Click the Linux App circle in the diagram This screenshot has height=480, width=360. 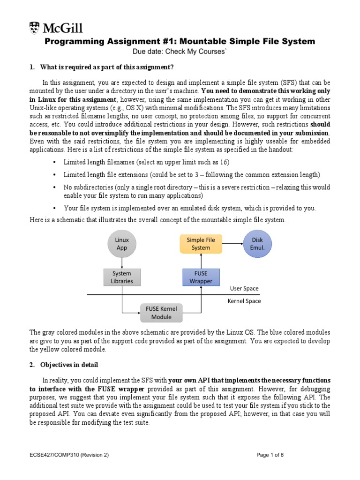pyautogui.click(x=122, y=243)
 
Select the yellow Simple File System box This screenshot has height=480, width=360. pyautogui.click(x=201, y=243)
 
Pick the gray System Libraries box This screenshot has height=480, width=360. pyautogui.click(x=122, y=277)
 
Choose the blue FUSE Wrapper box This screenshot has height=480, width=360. pyautogui.click(x=201, y=277)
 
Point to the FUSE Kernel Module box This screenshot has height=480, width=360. pyautogui.click(x=162, y=313)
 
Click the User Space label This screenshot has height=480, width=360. pyautogui.click(x=244, y=288)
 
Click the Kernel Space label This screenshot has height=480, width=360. pyautogui.click(x=244, y=301)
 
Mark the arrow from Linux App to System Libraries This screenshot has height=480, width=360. pyautogui.click(x=122, y=262)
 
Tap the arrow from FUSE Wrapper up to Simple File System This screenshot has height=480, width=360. pyautogui.click(x=201, y=261)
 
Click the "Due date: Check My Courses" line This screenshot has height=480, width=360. pyautogui.click(x=180, y=52)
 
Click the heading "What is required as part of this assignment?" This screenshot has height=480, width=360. pyautogui.click(x=107, y=67)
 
